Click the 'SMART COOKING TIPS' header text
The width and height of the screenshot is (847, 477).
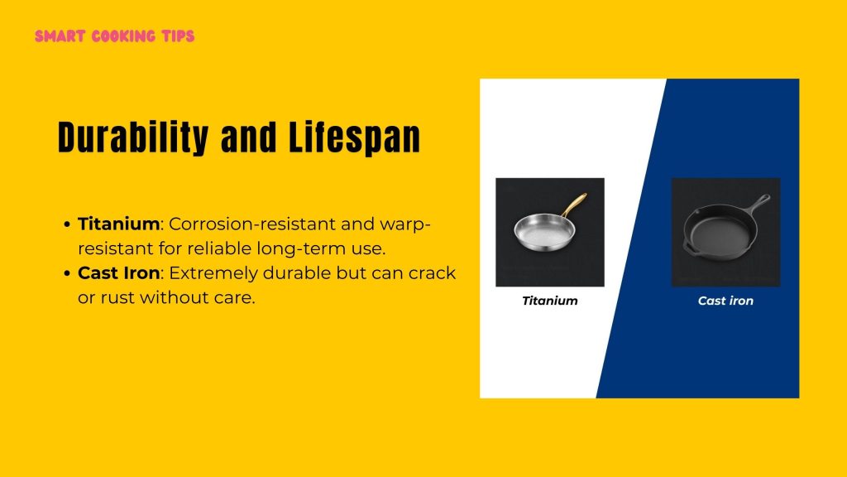[115, 36]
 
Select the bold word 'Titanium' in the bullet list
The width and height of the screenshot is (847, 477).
[118, 224]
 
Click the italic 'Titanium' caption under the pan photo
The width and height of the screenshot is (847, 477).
[549, 301]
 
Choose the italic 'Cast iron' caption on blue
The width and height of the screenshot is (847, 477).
[725, 301]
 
